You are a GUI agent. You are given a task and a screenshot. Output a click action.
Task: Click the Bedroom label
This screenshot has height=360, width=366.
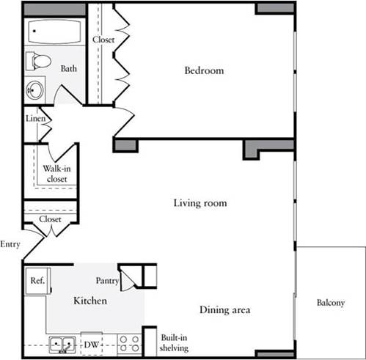tap(204, 71)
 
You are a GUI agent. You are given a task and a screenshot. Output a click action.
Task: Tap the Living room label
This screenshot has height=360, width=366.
tap(200, 202)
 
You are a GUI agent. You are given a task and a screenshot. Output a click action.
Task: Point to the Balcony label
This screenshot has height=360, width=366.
tap(331, 303)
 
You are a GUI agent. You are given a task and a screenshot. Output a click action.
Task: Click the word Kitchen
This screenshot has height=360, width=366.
tap(90, 301)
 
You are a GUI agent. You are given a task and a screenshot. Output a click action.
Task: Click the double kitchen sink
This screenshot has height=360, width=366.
tap(61, 343)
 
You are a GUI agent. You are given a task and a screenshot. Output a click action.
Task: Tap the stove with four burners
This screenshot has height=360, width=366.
tap(130, 342)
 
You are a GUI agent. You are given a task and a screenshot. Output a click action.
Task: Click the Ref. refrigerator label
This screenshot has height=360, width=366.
tap(36, 279)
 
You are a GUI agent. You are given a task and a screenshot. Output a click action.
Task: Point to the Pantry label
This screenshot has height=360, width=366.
tap(107, 279)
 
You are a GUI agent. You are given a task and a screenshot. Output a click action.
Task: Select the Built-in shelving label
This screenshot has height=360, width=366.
tap(175, 343)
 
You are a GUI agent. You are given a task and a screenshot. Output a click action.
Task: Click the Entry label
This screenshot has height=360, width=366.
tap(10, 244)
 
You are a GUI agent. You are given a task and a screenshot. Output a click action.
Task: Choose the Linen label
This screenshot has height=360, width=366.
tap(36, 118)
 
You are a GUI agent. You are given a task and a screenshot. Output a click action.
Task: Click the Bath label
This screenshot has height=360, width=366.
tap(69, 70)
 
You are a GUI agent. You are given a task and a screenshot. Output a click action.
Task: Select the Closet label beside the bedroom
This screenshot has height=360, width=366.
tap(103, 40)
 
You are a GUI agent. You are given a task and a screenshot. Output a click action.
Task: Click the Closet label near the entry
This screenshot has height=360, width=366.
tap(50, 218)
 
